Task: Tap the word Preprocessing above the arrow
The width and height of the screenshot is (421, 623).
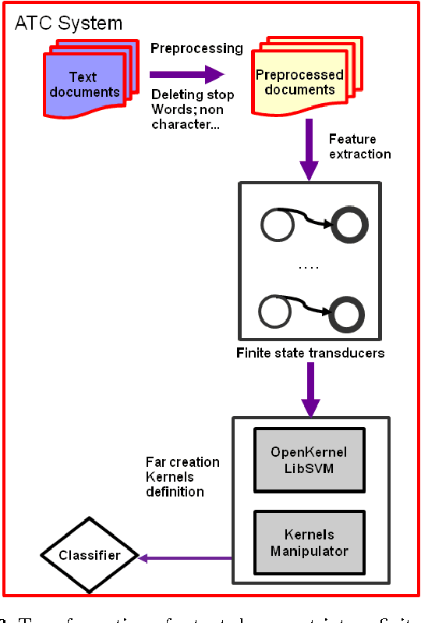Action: (x=196, y=48)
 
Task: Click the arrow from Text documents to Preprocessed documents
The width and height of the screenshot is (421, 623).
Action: (x=187, y=76)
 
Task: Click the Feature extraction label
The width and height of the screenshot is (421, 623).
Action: (x=359, y=146)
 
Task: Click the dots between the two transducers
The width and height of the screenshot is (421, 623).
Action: (x=309, y=267)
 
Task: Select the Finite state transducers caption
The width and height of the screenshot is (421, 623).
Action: (x=310, y=354)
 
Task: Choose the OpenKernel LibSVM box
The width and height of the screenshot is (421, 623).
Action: (x=309, y=459)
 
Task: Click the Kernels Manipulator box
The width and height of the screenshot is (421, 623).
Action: (x=309, y=543)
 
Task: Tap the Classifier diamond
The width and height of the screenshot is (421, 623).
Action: (x=89, y=556)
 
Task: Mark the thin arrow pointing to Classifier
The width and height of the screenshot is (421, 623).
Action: (x=187, y=557)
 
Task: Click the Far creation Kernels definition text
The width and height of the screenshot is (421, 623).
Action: (x=182, y=476)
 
